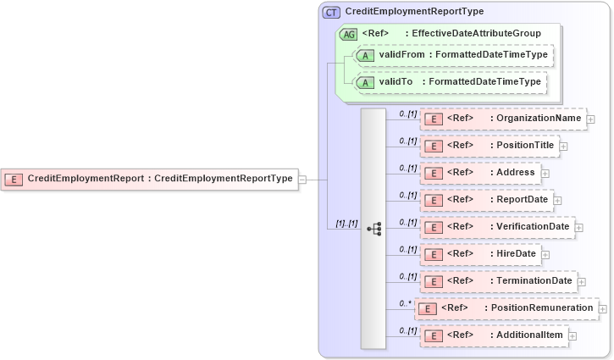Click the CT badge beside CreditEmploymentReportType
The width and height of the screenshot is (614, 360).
click(331, 12)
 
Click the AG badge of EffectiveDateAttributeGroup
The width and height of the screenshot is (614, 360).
click(348, 34)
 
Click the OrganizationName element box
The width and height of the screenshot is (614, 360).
click(502, 119)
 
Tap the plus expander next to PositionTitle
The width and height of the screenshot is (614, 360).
click(563, 147)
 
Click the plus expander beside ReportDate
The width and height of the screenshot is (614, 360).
click(558, 201)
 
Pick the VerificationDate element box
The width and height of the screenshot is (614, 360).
click(498, 227)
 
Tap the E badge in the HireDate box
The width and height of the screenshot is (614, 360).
click(434, 255)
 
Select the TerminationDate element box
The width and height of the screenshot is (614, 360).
click(498, 281)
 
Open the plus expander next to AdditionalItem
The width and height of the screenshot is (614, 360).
click(573, 336)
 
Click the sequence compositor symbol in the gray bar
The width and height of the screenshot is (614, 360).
click(373, 229)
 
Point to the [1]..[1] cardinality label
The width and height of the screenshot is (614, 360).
click(346, 224)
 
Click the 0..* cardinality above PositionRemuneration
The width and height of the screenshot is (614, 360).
click(407, 302)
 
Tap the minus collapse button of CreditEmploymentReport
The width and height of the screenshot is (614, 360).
click(302, 179)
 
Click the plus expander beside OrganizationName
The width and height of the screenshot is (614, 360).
click(590, 119)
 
